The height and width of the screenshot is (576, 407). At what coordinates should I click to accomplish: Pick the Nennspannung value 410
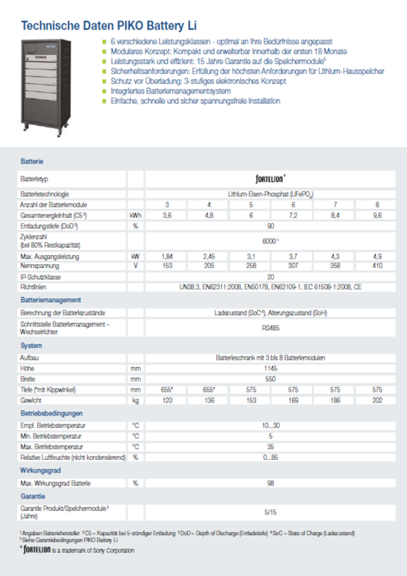377,266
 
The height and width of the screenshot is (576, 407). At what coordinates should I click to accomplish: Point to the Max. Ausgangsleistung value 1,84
168,257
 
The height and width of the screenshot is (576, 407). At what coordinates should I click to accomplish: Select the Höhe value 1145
269,369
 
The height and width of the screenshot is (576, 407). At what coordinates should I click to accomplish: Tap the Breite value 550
269,379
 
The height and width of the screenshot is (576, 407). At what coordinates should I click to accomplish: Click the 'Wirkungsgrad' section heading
40,469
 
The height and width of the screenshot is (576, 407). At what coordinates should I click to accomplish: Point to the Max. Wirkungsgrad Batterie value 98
269,484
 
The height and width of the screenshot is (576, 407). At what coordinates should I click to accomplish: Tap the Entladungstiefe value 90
269,225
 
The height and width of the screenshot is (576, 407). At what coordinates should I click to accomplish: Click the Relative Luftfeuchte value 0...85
269,456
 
